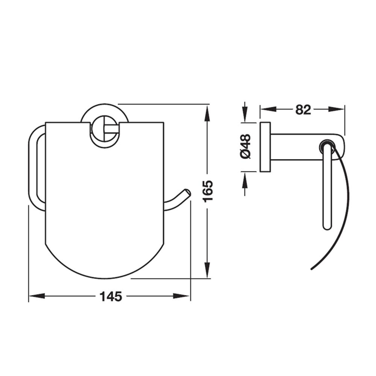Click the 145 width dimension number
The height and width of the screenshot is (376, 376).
111,296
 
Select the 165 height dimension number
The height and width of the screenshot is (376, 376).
208,191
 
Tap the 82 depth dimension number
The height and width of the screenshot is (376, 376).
303,110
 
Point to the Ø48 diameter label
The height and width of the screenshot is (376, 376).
246,146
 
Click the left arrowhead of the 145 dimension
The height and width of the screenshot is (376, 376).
37,296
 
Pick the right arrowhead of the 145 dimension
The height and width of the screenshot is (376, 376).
181,296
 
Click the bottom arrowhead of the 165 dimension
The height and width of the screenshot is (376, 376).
207,270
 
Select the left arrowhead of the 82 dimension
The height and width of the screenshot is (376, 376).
268,109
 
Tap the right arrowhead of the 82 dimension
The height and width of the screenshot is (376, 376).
336,109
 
